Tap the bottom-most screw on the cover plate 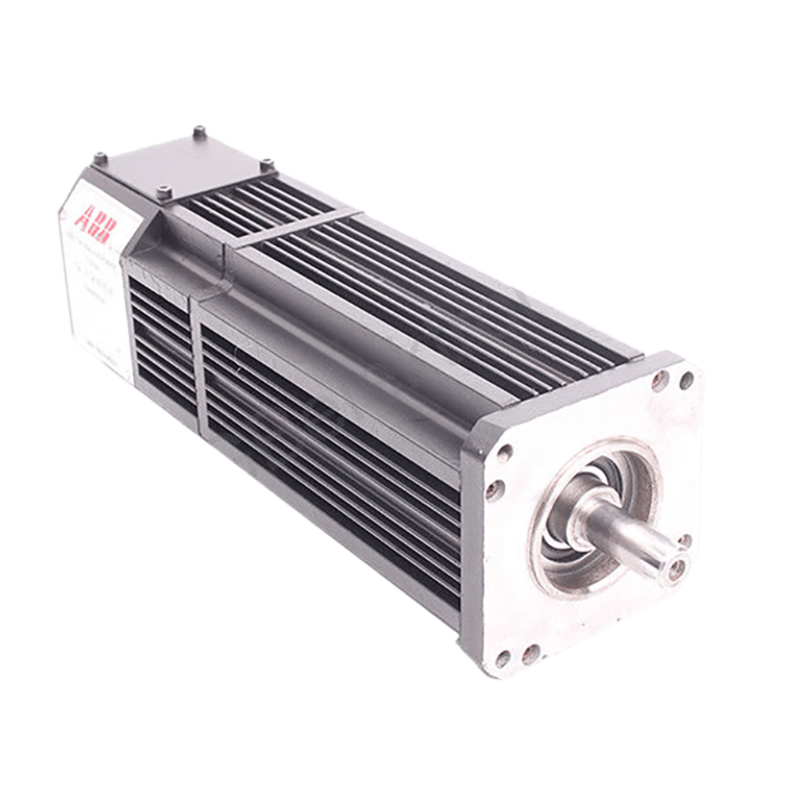tap(164, 191)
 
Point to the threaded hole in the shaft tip tap(676, 568)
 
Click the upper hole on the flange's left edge tap(503, 453)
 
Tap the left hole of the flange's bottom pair tap(503, 657)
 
